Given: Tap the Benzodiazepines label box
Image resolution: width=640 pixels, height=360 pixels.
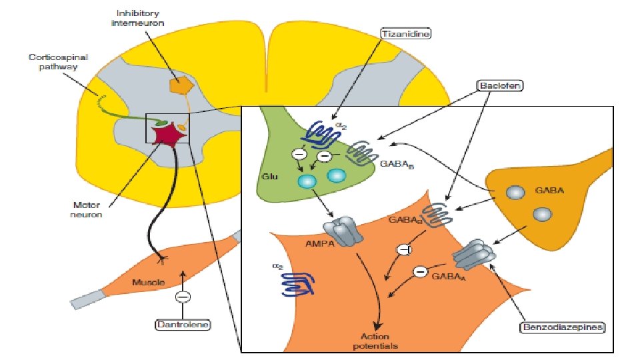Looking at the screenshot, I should (563, 327).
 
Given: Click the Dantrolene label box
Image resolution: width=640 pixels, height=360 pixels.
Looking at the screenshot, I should (183, 325).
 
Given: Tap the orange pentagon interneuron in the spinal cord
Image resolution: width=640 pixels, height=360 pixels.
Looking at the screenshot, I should (179, 84).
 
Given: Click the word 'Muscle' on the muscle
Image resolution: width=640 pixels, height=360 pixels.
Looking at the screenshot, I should (148, 283).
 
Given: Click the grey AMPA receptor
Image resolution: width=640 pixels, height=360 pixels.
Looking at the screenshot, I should (346, 231).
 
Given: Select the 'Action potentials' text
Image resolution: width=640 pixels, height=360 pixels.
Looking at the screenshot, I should (378, 341).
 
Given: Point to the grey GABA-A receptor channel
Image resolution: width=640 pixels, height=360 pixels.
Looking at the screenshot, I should (473, 253).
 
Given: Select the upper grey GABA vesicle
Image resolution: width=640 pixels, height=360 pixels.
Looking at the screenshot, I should (515, 192).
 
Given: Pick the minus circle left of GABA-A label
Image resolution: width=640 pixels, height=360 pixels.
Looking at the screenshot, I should (419, 271).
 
